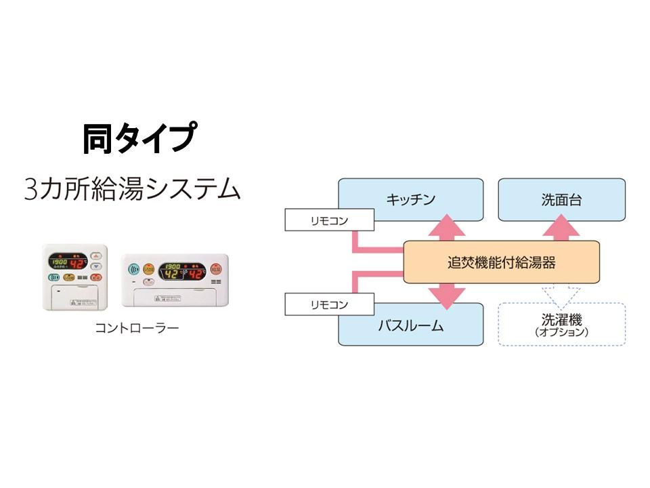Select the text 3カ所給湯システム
[132, 188]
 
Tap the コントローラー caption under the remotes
[137, 329]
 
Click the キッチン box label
[410, 199]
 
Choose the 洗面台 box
[561, 199]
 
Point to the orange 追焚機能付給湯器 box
[501, 262]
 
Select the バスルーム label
[410, 326]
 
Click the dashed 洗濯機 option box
[561, 325]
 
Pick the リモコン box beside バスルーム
[329, 305]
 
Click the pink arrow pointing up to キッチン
[448, 226]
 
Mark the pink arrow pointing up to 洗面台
[561, 229]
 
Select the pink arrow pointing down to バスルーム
[448, 294]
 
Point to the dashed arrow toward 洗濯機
[561, 293]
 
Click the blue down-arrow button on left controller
[96, 266]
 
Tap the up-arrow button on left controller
[96, 257]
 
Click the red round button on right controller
[216, 268]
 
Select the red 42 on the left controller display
[78, 264]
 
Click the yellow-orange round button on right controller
[148, 268]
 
